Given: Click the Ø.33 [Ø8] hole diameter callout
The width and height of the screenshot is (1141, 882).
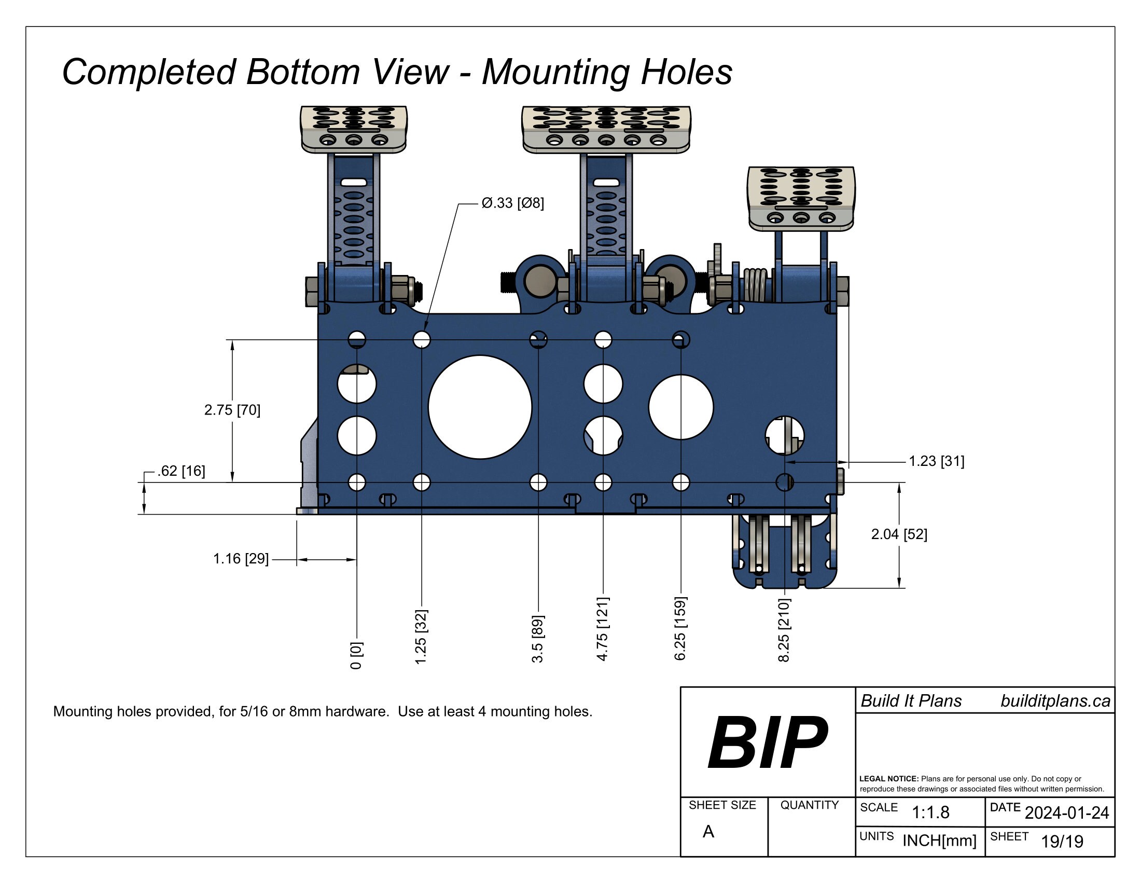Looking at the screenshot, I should pos(512,203).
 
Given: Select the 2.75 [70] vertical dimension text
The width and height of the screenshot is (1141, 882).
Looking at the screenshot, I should pos(232,410).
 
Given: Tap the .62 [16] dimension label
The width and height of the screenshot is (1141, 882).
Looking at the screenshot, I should pos(181,471).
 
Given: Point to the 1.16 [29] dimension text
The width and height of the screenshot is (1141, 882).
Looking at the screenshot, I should pos(241,559).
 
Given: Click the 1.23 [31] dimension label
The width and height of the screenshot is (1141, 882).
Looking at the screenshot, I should pos(936,461).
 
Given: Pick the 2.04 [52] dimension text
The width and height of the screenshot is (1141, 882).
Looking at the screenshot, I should pos(899,534).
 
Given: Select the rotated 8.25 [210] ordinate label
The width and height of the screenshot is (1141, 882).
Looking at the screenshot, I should pos(784,630).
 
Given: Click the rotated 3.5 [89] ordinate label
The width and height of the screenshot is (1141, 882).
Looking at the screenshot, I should pos(538,639).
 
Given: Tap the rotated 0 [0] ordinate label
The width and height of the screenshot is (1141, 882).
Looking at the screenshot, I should pos(356,655).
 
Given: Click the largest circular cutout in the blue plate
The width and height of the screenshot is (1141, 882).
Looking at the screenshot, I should pos(480,407).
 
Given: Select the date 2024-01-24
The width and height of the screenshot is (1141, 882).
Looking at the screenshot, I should pos(1066,812).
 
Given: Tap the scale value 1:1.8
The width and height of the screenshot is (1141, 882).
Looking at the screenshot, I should pos(930,812).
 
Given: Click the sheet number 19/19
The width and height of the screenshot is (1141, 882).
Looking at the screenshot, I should pos(1062,841).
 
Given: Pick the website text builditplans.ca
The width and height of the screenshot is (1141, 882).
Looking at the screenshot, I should pos(1055,701).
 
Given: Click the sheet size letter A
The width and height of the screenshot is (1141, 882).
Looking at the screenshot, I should pos(708,831).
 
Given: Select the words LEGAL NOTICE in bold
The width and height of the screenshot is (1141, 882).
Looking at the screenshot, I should pos(888,779).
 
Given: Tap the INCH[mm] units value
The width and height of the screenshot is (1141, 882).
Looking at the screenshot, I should pos(939,840).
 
